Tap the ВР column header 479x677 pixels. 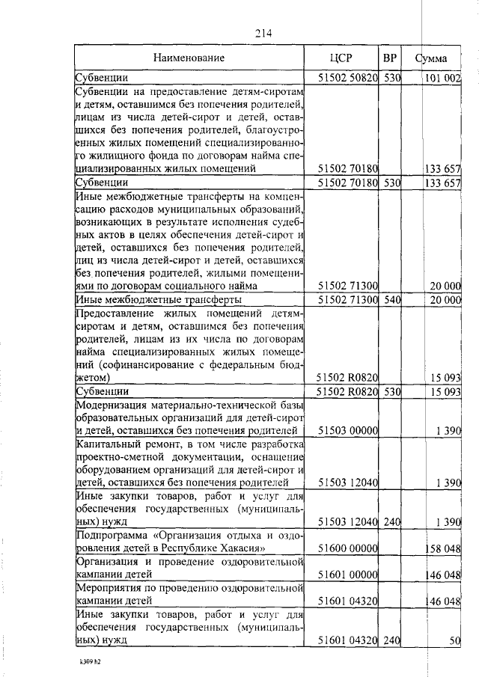(x=390, y=57)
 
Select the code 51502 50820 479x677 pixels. (x=347, y=76)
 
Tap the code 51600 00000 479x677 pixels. (x=347, y=548)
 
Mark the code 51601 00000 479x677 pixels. (x=347, y=575)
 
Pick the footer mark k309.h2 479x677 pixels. (x=91, y=662)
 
